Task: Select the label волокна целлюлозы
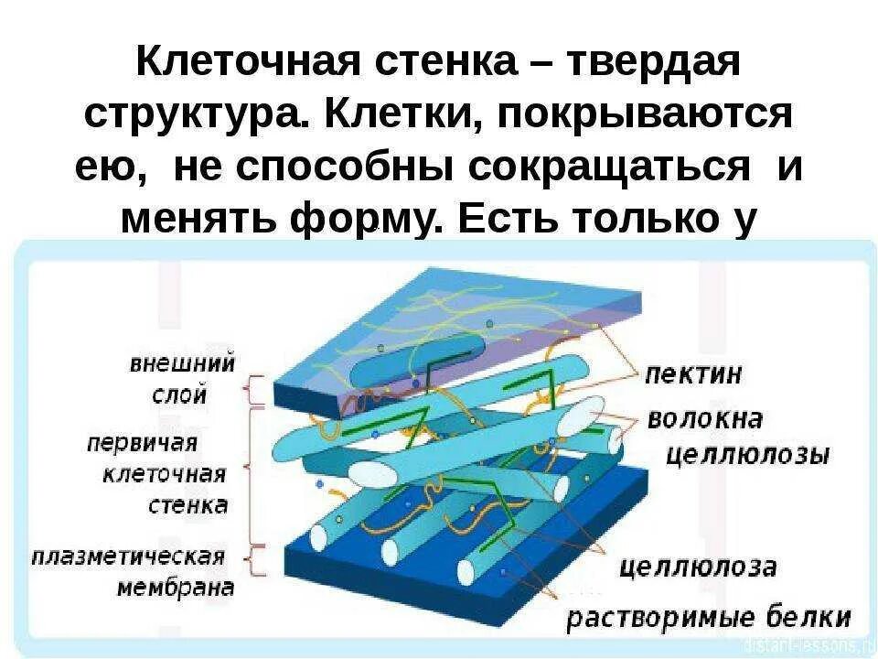pos(732,437)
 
